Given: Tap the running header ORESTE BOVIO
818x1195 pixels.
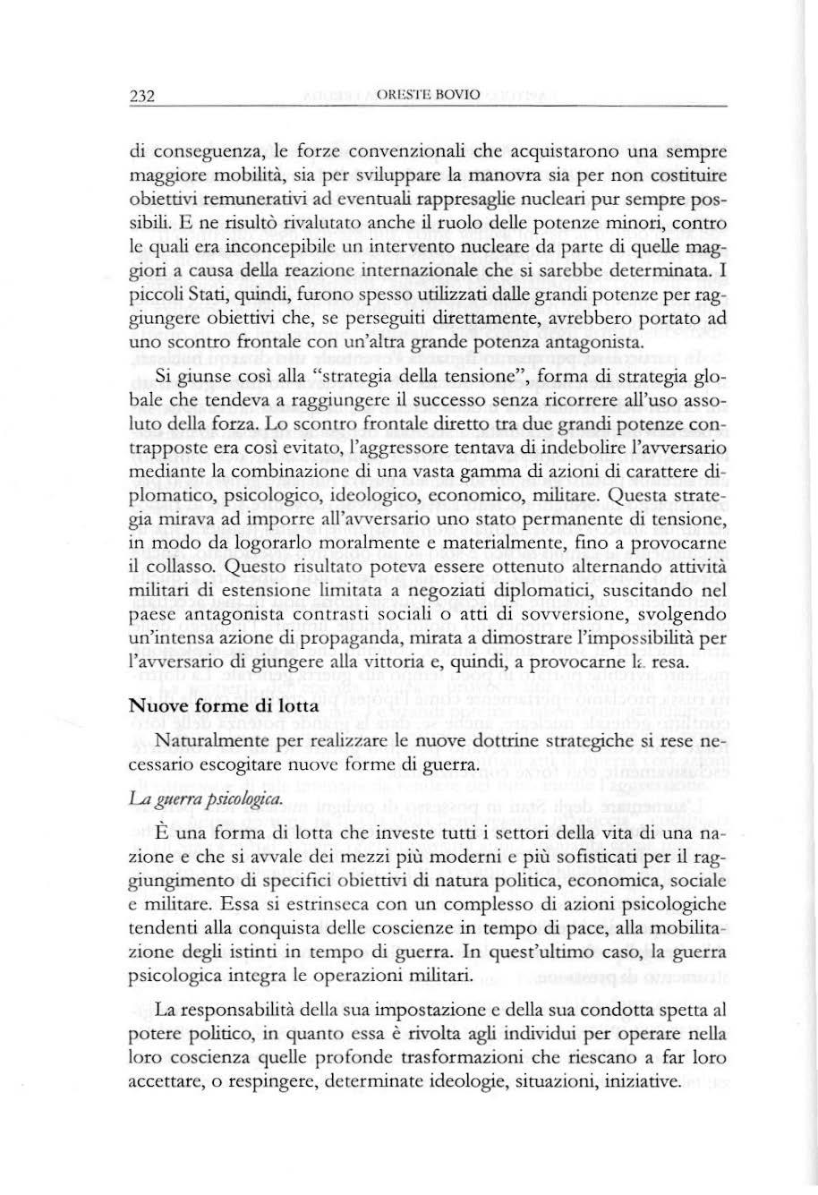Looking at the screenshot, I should (x=418, y=96).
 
